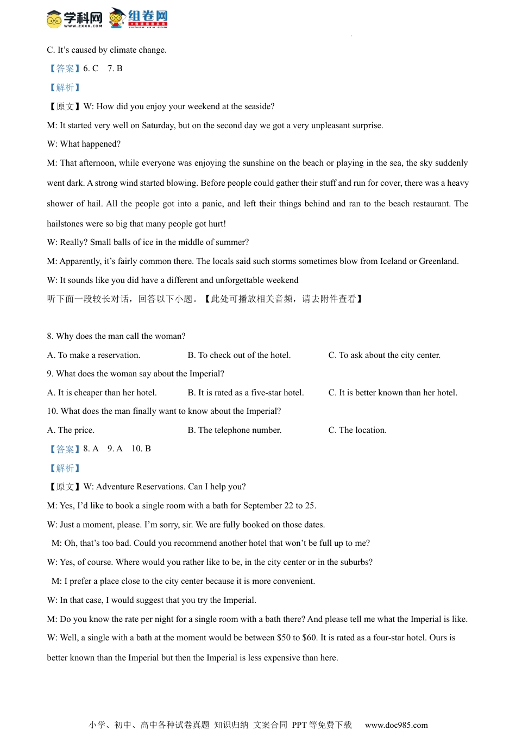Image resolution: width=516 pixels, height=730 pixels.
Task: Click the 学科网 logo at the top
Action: point(74,18)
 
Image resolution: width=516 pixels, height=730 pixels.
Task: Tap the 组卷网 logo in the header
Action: point(139,18)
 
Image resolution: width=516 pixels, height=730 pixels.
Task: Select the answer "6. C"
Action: point(91,68)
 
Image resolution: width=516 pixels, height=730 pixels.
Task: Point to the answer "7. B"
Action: point(115,68)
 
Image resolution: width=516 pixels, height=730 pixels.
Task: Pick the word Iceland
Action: point(393,261)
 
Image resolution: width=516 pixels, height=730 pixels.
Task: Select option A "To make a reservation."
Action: point(93,355)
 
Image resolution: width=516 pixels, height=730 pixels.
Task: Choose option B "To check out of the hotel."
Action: point(239,355)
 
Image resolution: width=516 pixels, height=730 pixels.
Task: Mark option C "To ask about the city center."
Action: point(384,355)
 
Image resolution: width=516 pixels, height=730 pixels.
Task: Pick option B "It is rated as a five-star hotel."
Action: point(246,393)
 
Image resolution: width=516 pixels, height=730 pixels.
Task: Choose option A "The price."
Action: point(71,430)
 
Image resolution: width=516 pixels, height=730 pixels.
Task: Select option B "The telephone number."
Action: point(234,430)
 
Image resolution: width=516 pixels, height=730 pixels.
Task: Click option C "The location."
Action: point(357,430)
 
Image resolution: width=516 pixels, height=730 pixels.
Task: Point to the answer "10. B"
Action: point(141,449)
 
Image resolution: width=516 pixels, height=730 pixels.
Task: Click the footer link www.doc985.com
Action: point(396,725)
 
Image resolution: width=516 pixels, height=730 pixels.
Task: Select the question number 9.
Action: point(49,374)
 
